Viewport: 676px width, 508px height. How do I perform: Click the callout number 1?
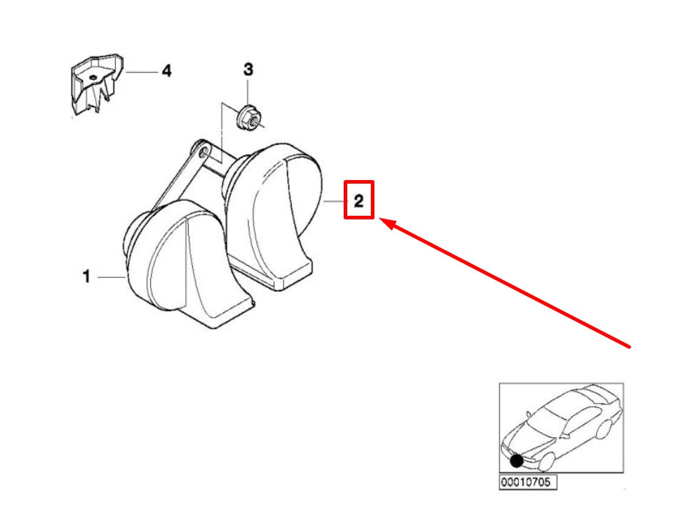point(86,276)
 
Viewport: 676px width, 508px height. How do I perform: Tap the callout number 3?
point(248,69)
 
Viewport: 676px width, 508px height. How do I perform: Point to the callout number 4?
point(166,71)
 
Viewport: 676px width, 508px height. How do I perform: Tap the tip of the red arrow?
point(380,220)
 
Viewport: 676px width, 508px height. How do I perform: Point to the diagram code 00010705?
point(527,482)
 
